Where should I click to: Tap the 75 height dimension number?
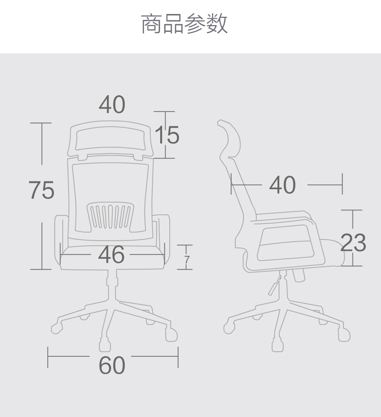coord(41,190)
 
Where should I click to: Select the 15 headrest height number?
coord(167,135)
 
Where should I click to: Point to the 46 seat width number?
coord(111,255)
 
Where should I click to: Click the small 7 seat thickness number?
coord(187,261)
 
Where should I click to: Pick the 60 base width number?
coord(112,365)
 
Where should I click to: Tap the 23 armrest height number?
coord(353,242)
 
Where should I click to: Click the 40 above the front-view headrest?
coord(112,104)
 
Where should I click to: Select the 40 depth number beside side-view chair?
coord(283,185)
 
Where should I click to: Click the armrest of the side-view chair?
coord(287,241)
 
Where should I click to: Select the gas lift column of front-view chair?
coord(112,285)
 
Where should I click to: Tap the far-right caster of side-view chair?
coord(344,334)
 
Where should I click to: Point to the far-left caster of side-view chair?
coord(229,329)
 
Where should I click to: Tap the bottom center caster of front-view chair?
coord(104,346)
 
